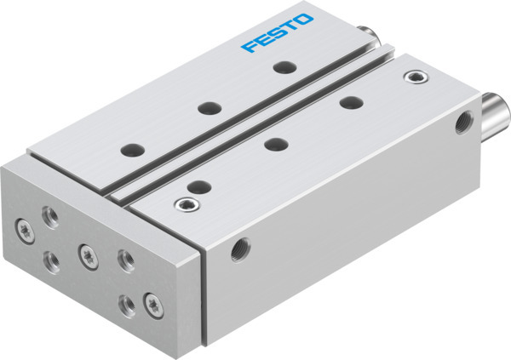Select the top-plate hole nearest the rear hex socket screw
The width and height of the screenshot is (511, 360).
(x=348, y=103)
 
